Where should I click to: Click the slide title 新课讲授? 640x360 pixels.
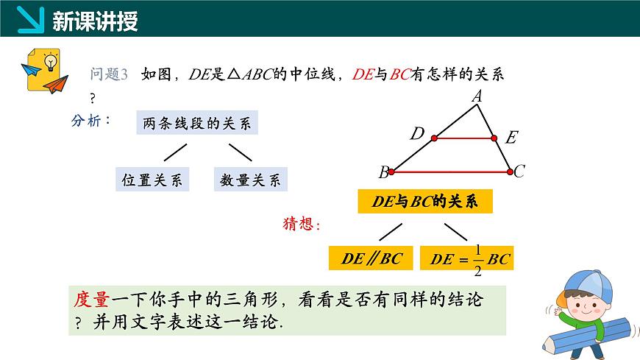(96, 21)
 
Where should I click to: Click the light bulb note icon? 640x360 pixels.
(43, 71)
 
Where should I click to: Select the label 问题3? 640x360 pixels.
(109, 74)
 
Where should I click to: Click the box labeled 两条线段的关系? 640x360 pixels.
(196, 123)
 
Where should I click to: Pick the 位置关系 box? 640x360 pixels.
(152, 180)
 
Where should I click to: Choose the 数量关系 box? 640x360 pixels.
(250, 180)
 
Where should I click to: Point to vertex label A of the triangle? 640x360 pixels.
(476, 96)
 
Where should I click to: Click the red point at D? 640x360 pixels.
(434, 138)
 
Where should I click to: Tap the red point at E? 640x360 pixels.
(494, 138)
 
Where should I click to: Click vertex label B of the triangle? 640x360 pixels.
(383, 173)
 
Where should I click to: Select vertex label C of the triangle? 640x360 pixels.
(519, 172)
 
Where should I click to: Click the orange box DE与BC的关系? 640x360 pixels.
(424, 202)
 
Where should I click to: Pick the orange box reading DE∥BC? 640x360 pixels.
(371, 258)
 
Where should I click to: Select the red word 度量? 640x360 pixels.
(92, 300)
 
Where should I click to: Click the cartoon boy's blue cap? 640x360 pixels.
(581, 284)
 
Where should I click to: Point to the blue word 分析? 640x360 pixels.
(90, 119)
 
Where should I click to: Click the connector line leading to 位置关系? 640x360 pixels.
(174, 152)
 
